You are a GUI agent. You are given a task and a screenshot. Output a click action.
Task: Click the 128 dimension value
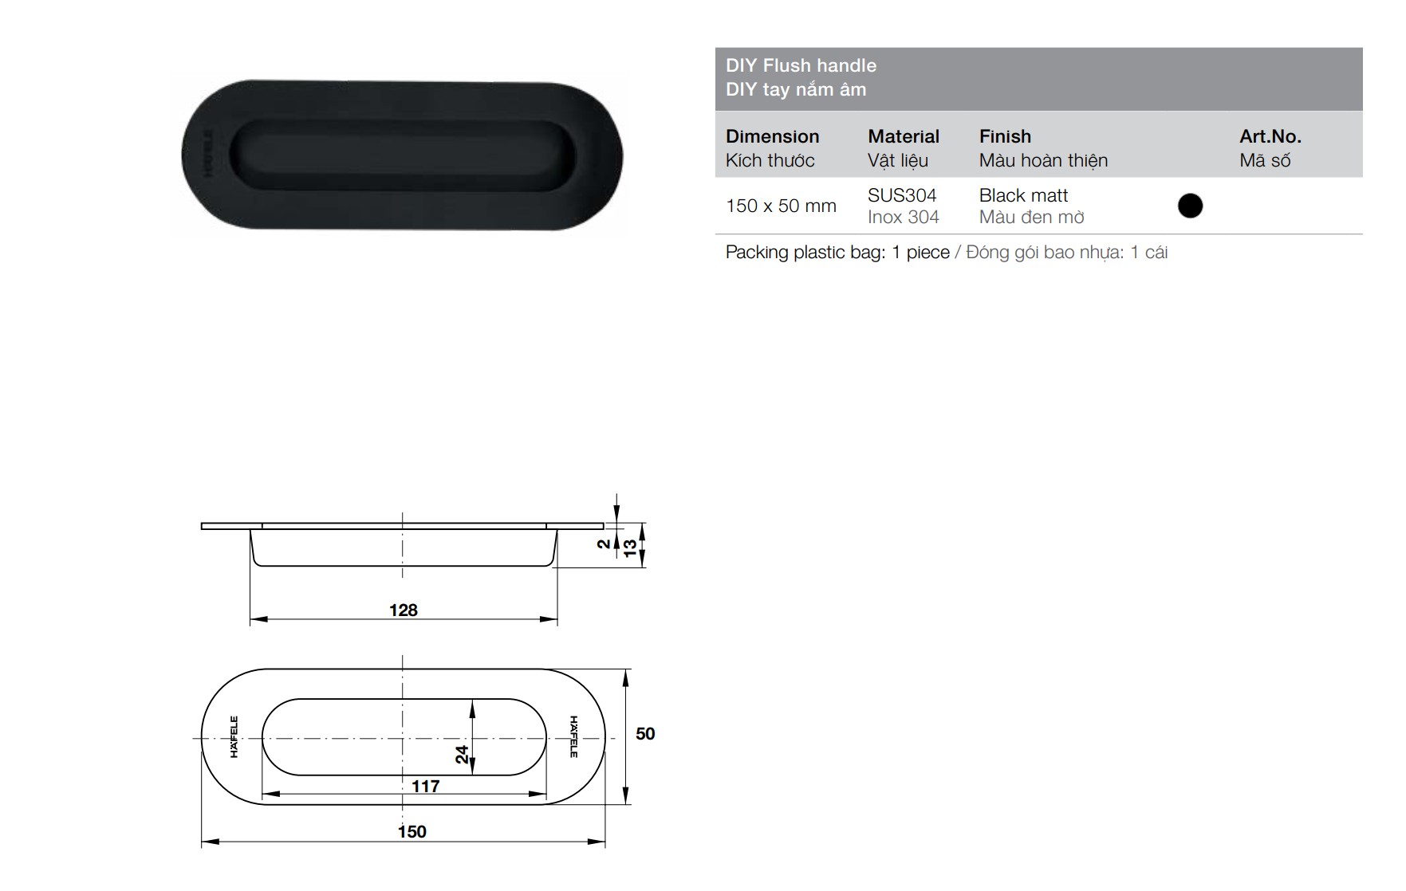pos(404,610)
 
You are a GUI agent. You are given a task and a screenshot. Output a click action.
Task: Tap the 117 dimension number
pos(426,787)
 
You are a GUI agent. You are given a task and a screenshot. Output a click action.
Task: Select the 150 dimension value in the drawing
pos(412,832)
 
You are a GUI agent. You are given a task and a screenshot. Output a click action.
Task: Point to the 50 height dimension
pos(645,734)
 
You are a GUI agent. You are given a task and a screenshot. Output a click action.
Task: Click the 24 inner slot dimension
pos(463,754)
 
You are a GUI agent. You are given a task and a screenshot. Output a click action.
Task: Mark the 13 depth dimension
pos(630,548)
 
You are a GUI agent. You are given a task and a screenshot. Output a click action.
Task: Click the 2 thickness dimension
pos(605,544)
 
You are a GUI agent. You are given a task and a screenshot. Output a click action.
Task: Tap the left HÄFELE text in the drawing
pos(234,736)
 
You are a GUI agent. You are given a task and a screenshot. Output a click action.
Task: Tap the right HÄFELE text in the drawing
pos(573,736)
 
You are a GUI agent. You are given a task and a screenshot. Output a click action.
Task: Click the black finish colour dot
pos(1190,206)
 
